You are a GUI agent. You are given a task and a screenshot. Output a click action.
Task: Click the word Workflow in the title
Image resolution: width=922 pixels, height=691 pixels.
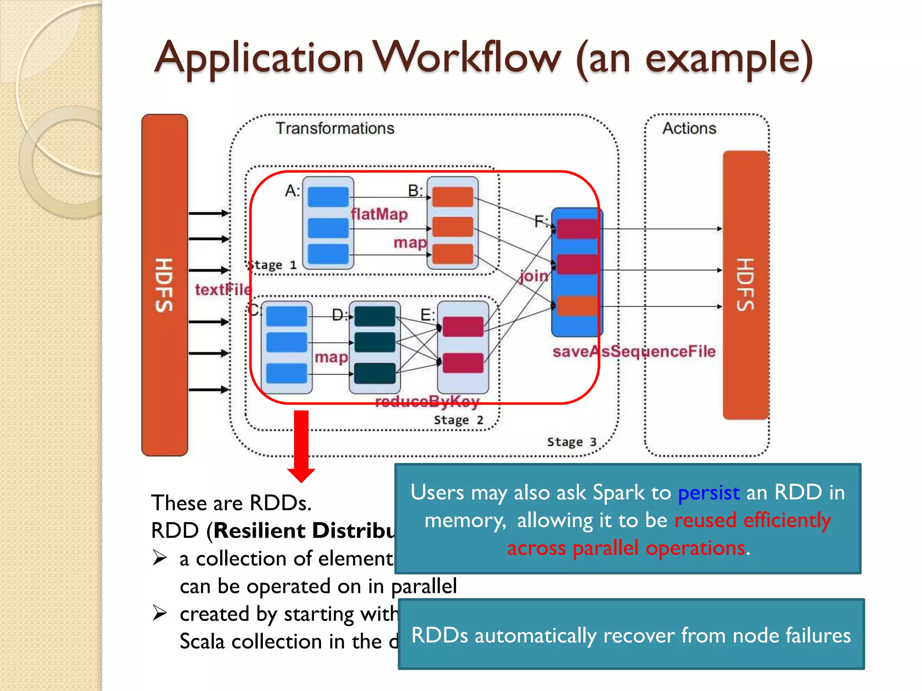[x=468, y=58]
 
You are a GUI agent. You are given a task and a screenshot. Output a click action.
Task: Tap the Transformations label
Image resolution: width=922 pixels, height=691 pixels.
[x=335, y=129]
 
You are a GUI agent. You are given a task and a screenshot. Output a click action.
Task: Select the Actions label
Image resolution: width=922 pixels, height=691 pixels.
[x=689, y=129]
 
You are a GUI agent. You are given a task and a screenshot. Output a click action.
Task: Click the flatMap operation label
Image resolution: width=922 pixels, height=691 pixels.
[x=380, y=214]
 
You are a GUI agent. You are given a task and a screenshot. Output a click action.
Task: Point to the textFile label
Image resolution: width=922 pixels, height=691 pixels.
[x=223, y=290]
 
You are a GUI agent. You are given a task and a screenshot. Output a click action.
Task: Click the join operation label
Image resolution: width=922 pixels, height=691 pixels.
[x=534, y=276]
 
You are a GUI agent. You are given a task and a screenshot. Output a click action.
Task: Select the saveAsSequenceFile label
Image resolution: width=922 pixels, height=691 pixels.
[x=634, y=351]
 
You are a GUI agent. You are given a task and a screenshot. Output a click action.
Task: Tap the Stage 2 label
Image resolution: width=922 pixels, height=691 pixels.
[x=458, y=420]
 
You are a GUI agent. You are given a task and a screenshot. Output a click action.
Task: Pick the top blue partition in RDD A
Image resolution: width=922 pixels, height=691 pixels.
[x=328, y=197]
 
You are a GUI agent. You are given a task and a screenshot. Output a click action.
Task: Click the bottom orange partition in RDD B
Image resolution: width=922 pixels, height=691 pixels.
[x=452, y=254]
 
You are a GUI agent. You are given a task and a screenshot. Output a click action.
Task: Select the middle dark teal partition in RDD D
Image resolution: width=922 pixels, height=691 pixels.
[x=375, y=342]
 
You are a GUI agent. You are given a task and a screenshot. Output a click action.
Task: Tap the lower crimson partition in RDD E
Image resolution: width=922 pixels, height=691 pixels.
[x=463, y=363]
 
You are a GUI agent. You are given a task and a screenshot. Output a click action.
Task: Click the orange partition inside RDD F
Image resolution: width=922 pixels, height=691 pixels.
[x=577, y=306]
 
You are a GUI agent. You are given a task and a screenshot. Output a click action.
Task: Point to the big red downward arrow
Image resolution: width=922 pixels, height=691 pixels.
[x=301, y=445]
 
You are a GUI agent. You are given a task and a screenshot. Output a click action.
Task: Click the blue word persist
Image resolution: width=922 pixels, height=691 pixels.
[x=709, y=493]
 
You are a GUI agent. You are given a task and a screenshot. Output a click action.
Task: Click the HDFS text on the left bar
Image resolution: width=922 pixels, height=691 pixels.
[x=164, y=285]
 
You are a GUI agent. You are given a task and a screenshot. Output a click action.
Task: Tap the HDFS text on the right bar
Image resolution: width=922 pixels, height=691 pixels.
[x=746, y=285]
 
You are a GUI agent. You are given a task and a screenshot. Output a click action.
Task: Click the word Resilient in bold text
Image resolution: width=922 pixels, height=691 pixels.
[x=260, y=531]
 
